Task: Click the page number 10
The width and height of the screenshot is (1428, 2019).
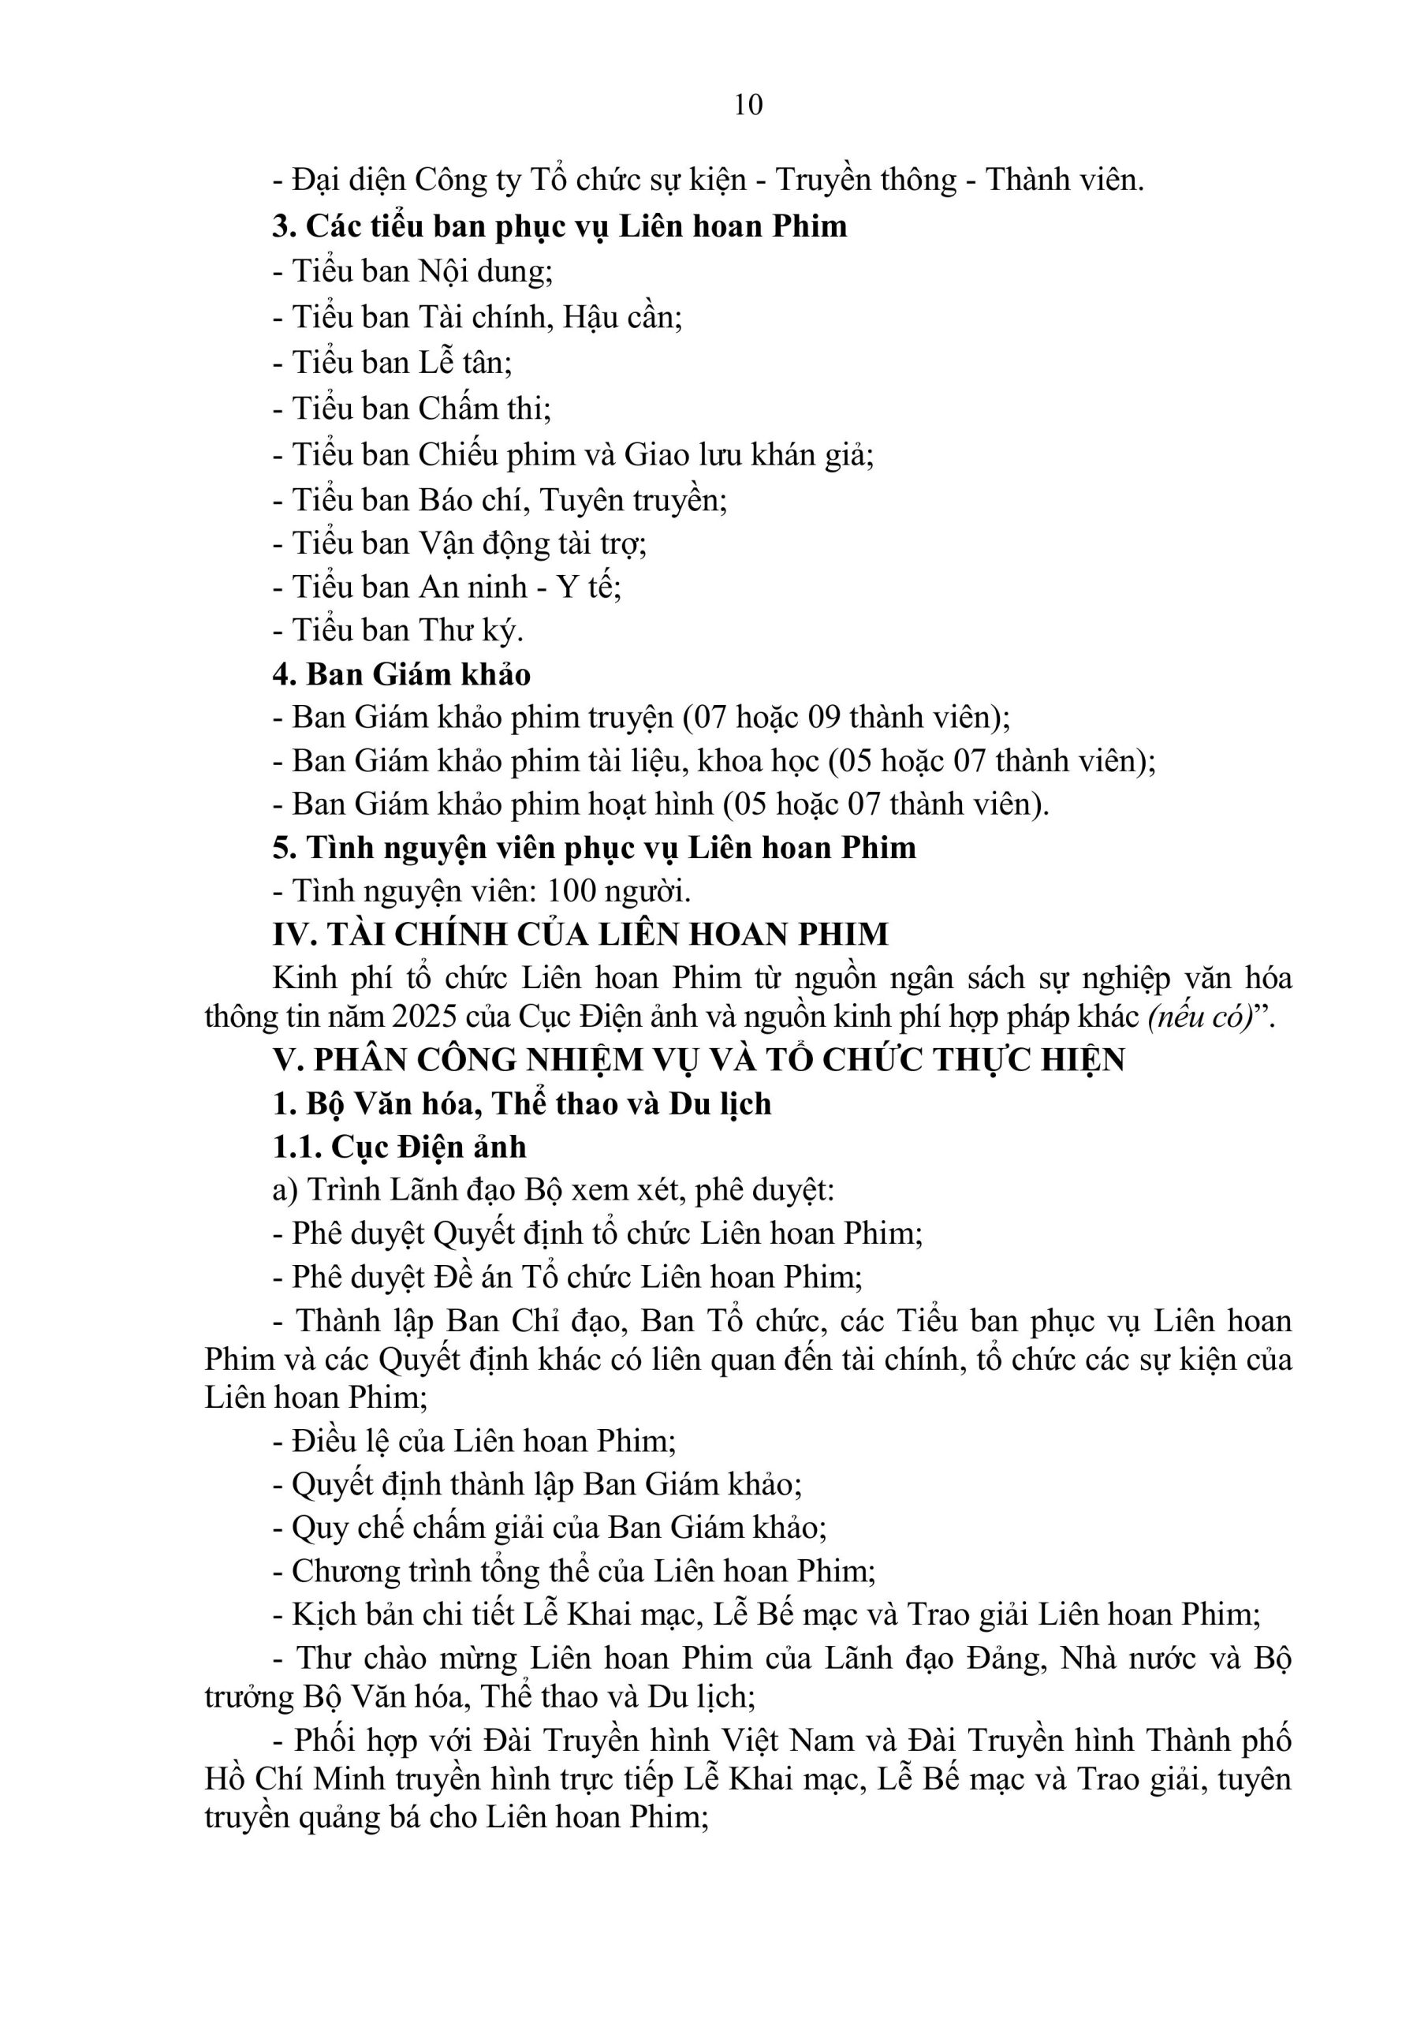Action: [x=748, y=106]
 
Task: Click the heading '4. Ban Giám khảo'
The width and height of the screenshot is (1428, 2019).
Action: [x=401, y=674]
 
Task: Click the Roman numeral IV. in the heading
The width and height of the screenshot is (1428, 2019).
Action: [x=295, y=934]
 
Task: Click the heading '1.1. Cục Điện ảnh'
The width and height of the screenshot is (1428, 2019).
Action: [x=399, y=1147]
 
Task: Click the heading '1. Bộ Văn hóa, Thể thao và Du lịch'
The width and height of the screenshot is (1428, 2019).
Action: [x=520, y=1103]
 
